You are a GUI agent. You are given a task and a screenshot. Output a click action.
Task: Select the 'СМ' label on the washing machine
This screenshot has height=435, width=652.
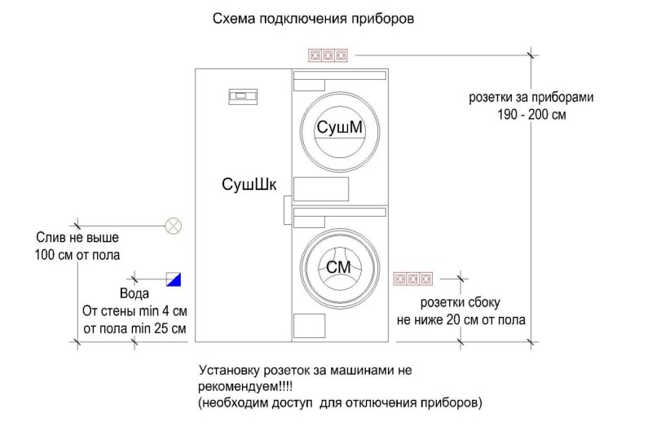[338, 268]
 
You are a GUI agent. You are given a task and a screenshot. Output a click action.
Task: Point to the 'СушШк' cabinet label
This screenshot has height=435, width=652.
[243, 183]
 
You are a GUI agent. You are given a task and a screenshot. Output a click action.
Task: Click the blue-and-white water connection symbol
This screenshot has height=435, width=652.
[174, 279]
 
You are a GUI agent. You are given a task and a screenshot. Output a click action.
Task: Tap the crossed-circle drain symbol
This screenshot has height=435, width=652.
[173, 225]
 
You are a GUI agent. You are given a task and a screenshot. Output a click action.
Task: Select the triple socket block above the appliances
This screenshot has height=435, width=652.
[328, 55]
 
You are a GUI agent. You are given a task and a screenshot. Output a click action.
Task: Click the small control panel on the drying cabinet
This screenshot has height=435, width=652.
[242, 97]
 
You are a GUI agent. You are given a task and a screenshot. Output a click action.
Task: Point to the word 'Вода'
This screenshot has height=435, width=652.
[134, 295]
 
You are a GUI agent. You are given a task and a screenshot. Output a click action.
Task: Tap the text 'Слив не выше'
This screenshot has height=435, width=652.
[78, 239]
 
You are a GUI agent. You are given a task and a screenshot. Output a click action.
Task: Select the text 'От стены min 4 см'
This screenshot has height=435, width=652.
[135, 312]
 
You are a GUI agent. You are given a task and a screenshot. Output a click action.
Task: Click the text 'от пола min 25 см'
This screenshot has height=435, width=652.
[135, 329]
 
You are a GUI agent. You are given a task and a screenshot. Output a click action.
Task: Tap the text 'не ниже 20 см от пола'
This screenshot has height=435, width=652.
[460, 320]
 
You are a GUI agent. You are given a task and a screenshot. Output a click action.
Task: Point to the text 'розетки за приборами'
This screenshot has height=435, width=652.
[531, 97]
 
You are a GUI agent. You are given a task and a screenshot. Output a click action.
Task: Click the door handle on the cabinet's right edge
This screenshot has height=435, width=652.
[287, 210]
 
